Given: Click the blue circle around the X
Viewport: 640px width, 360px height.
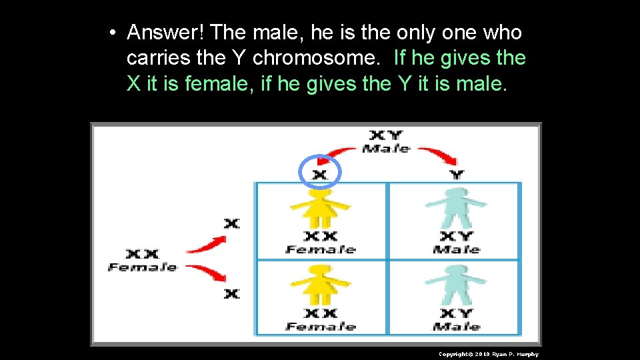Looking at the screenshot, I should pos(321,173).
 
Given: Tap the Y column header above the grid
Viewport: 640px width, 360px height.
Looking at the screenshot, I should pos(457,175).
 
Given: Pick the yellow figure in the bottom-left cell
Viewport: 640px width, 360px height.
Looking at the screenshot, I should pos(321,283).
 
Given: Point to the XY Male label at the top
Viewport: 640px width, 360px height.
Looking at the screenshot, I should pos(386,141).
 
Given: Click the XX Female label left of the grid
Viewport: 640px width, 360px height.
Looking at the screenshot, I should pos(143,260).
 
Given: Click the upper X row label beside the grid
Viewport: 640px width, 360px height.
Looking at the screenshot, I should pos(231,223).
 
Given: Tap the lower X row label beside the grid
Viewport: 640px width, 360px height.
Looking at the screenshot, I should pos(231,293).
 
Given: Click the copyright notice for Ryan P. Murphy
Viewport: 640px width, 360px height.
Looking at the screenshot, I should pos(488,354).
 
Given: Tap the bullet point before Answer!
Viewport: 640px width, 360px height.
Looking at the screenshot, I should pos(115,33).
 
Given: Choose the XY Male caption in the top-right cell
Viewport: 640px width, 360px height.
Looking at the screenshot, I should pos(457,243).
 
